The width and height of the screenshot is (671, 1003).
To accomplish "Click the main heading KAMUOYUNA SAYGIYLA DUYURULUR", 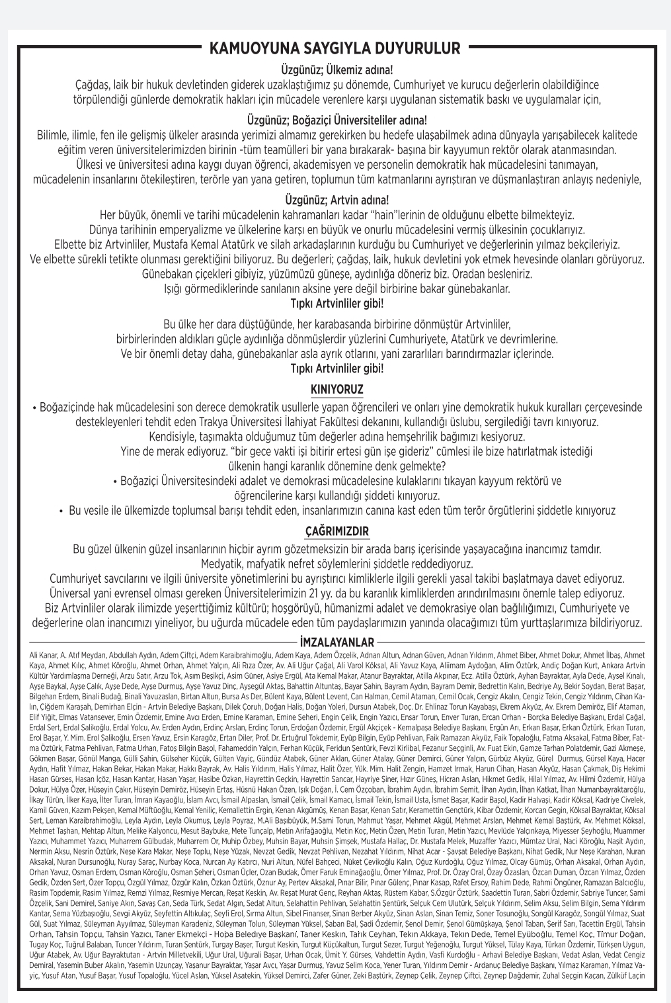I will [335, 48].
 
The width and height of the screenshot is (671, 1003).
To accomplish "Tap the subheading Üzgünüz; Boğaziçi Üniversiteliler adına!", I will [337, 120].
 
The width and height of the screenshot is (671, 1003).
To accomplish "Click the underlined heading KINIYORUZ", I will [337, 388].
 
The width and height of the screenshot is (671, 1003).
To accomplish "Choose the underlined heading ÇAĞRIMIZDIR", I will [337, 531].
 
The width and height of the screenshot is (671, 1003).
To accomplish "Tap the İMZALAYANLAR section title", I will [337, 642].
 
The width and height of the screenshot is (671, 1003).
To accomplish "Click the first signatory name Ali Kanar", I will [42, 654].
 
